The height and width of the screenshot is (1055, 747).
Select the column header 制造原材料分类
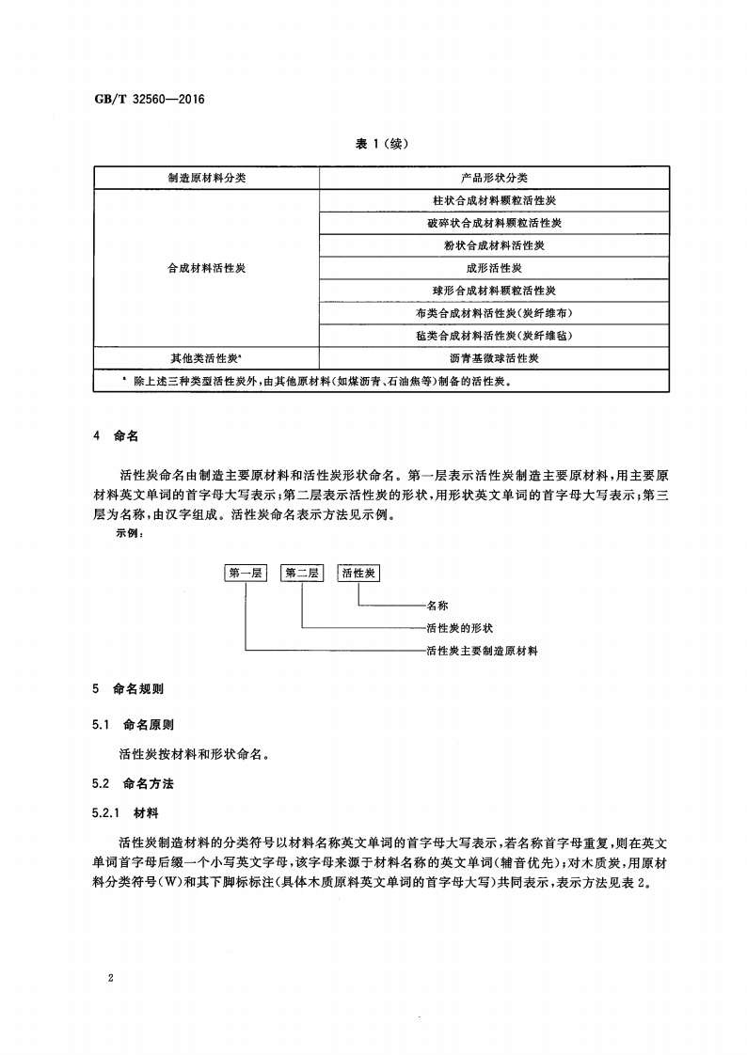pyautogui.click(x=207, y=178)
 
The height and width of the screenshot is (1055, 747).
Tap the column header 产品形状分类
pyautogui.click(x=494, y=178)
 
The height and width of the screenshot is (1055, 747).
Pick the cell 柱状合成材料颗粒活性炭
pyautogui.click(x=494, y=200)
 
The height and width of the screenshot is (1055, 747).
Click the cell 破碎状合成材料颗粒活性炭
pyautogui.click(x=494, y=223)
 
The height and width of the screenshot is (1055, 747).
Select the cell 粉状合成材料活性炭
pyautogui.click(x=494, y=245)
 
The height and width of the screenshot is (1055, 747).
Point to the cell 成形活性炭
pyautogui.click(x=494, y=268)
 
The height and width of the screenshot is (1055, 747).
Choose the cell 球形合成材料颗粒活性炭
pyautogui.click(x=494, y=291)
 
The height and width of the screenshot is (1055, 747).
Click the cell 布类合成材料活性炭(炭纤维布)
pyautogui.click(x=494, y=313)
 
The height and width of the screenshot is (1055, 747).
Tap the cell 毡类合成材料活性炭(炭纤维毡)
pyautogui.click(x=494, y=336)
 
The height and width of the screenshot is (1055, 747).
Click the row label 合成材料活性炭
pyautogui.click(x=207, y=268)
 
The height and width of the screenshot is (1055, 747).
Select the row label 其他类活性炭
pyautogui.click(x=207, y=358)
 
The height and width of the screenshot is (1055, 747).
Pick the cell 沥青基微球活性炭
pyautogui.click(x=494, y=358)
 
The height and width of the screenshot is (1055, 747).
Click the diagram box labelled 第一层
pyautogui.click(x=246, y=573)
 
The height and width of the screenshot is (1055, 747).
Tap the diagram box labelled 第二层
pyautogui.click(x=302, y=573)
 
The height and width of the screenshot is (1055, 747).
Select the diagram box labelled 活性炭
pyautogui.click(x=359, y=573)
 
